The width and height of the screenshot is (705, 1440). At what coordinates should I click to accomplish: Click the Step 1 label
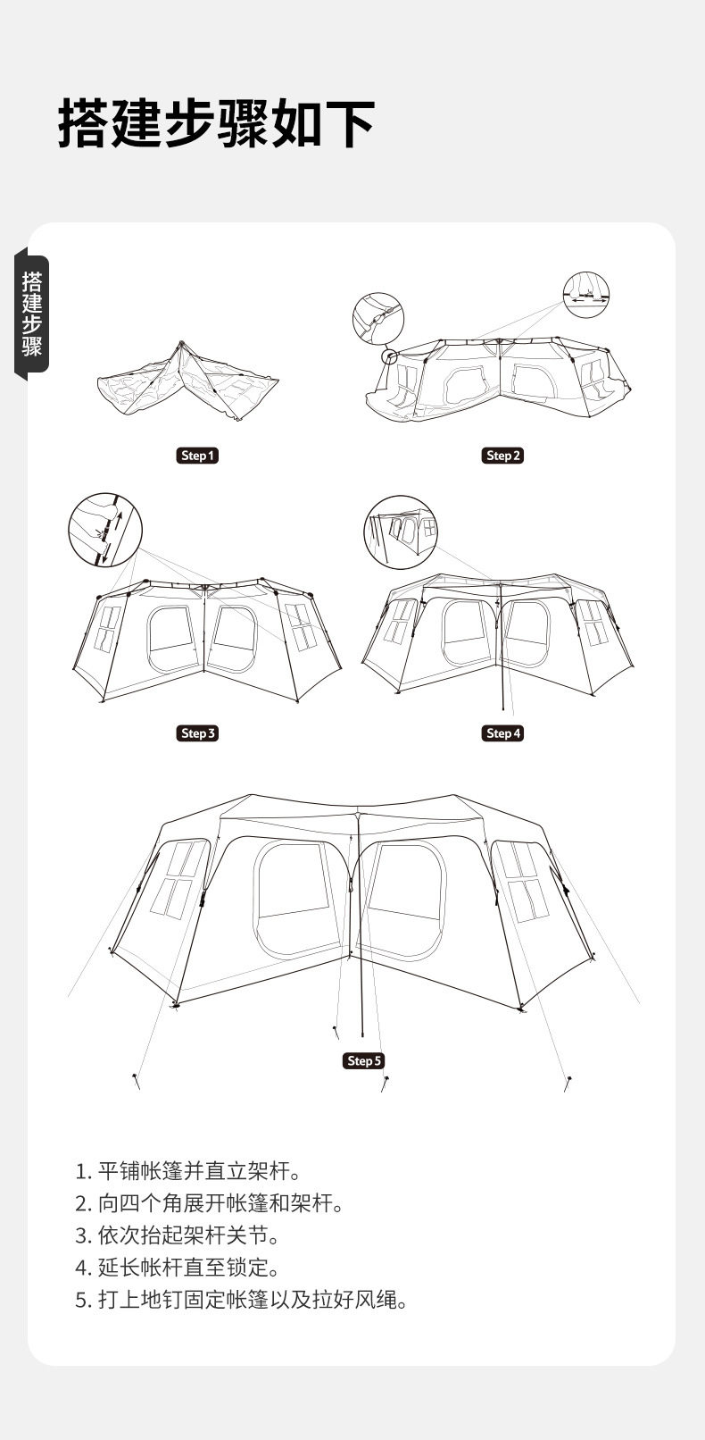coord(197,456)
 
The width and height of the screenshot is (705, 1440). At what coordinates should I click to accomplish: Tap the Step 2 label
coord(502,456)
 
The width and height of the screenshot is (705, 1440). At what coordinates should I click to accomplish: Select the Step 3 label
coord(197,733)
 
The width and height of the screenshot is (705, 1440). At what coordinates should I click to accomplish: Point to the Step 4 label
coord(502,733)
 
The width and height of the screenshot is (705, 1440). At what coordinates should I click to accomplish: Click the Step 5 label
coord(363,1060)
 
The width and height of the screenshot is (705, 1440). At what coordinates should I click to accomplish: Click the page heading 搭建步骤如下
coord(217,123)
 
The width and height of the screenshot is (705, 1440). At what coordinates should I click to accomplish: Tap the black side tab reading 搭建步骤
coord(32,314)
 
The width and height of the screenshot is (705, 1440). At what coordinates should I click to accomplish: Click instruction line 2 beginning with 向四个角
coord(210,1203)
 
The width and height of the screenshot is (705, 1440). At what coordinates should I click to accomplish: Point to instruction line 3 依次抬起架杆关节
coord(178,1235)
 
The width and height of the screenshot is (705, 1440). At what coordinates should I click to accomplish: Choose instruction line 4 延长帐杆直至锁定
coord(178,1268)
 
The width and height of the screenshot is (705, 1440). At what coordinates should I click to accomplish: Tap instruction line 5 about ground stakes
coord(242,1300)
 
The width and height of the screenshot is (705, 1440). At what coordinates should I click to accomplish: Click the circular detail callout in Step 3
coord(105,529)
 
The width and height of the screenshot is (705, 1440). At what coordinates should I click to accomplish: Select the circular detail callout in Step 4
coord(401,532)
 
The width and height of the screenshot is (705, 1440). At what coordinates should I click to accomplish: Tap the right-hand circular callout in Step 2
coord(588,294)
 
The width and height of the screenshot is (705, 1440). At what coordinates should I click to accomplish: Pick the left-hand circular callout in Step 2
coord(378,319)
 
